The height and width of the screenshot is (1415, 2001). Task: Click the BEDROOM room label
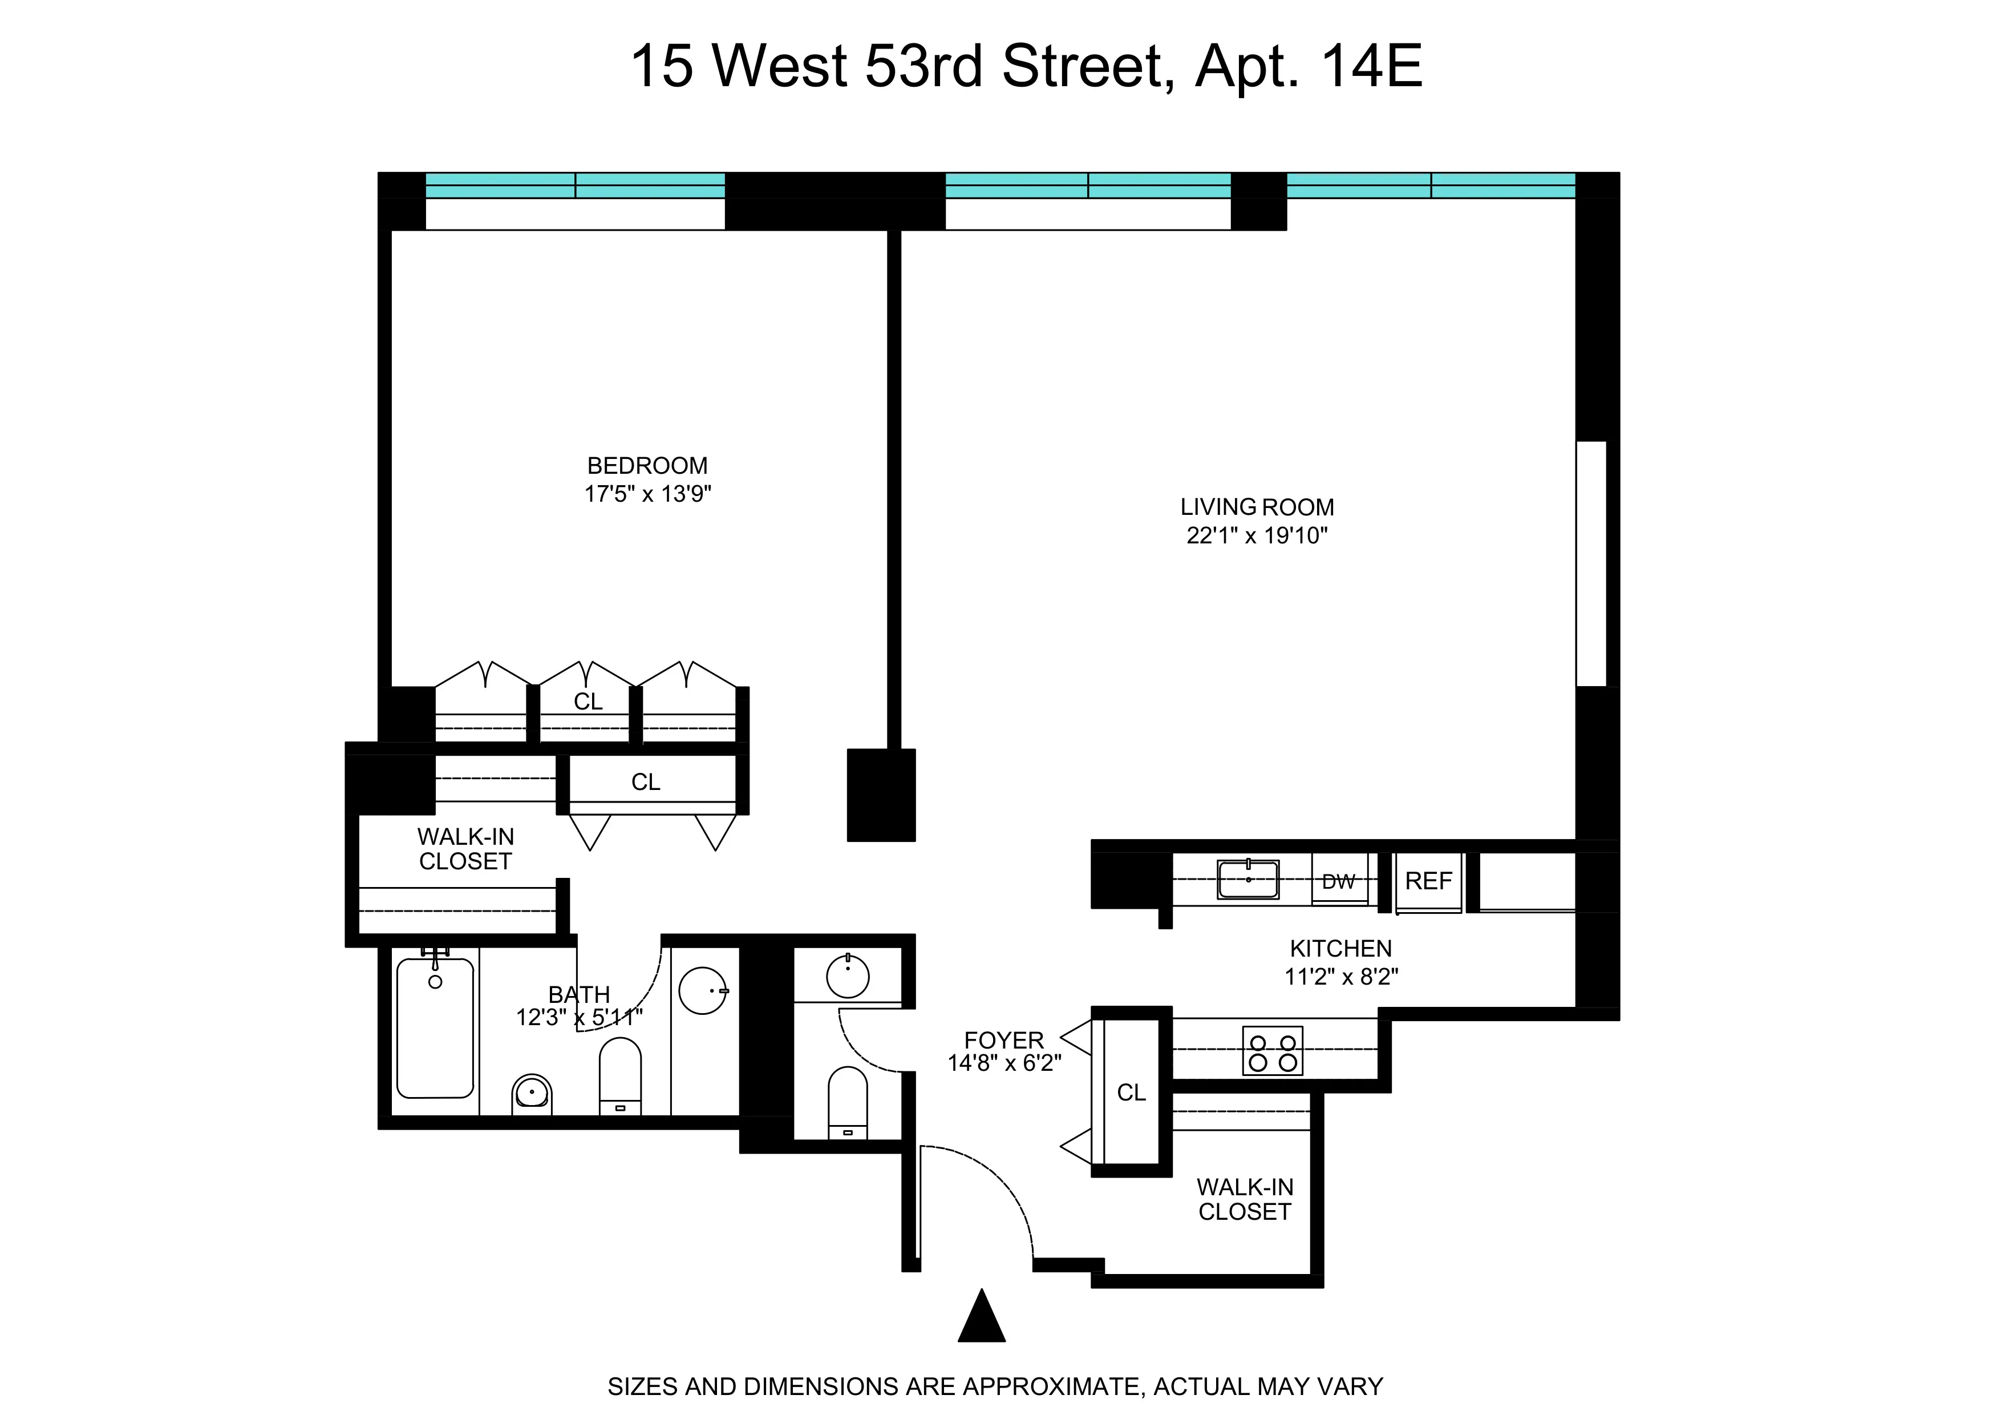point(647,466)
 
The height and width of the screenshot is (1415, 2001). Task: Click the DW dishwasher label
point(1339,881)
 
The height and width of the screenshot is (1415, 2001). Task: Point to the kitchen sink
point(1248,879)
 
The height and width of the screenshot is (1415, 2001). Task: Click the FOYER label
point(1003,1040)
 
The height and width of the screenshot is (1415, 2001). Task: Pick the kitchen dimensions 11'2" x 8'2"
point(1340,977)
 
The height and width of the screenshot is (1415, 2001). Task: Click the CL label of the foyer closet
point(1131,1093)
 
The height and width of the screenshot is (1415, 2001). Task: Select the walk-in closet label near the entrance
point(1245,1199)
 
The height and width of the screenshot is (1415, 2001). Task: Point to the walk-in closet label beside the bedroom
point(465,848)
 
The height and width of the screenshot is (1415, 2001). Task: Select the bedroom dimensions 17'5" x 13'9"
point(647,494)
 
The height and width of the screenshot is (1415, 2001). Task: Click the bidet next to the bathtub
point(532,1094)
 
